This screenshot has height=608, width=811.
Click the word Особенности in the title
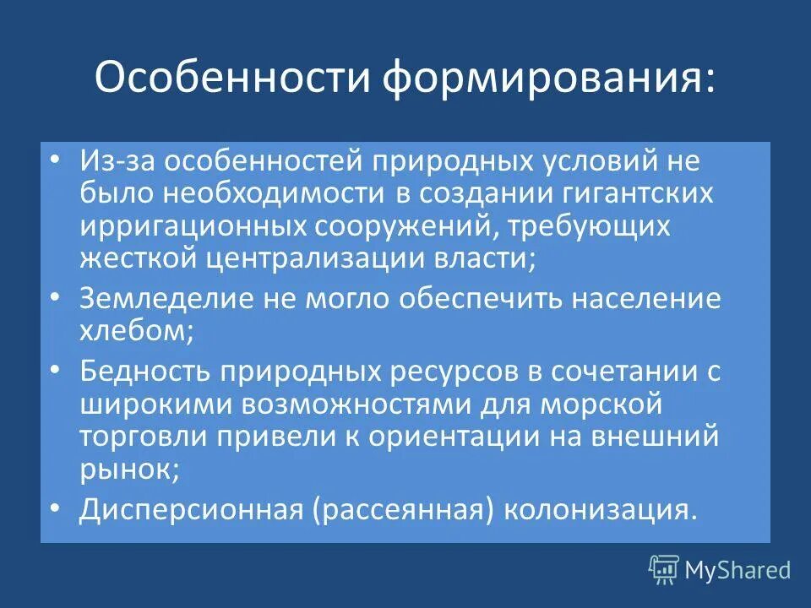(231, 78)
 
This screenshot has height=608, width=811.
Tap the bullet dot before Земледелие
(55, 300)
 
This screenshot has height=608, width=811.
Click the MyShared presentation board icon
(663, 570)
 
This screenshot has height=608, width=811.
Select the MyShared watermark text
(738, 571)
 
